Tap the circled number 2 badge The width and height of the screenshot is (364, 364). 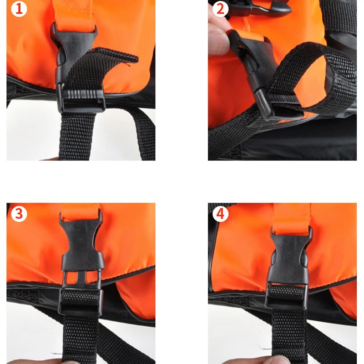coord(221,9)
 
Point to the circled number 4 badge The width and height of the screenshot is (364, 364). coord(221,213)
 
